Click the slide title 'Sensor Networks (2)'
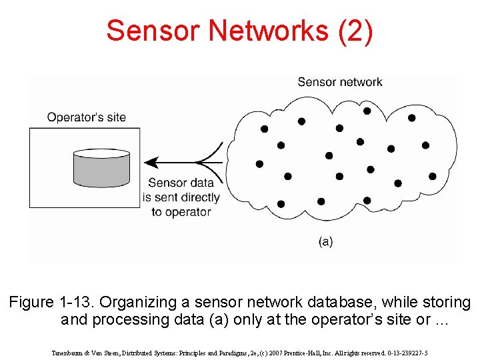(x=239, y=31)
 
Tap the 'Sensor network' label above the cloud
(x=339, y=82)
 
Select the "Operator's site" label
(x=86, y=117)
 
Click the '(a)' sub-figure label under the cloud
(x=325, y=241)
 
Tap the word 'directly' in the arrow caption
(x=196, y=197)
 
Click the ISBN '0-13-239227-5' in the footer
(x=406, y=353)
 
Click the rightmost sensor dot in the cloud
(x=433, y=177)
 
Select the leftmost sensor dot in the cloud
(x=259, y=164)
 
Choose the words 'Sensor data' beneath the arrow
(x=181, y=183)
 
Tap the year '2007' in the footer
(x=269, y=353)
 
